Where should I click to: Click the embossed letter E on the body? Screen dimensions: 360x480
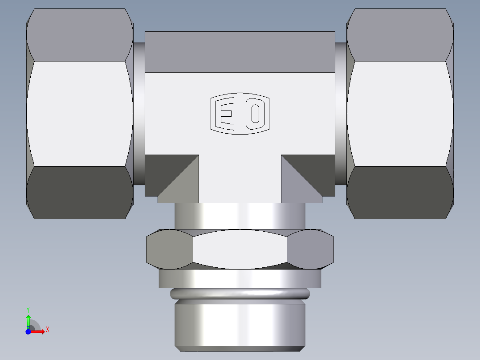click(225, 114)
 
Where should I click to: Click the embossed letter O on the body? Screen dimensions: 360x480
click(256, 114)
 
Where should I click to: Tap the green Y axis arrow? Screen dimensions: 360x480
click(28, 320)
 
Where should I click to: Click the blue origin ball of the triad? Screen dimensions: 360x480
click(28, 331)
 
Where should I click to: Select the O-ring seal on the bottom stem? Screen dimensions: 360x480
click(240, 293)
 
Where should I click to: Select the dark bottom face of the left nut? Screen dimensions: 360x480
click(80, 192)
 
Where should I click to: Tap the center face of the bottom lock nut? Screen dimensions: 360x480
click(240, 250)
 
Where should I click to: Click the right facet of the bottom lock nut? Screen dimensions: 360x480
click(310, 250)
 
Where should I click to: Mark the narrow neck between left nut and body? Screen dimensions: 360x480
click(139, 114)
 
